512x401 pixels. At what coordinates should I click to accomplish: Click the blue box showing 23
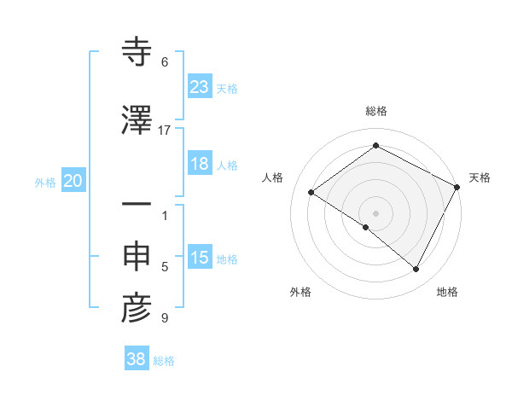coord(200,87)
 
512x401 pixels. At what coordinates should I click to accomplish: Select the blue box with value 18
coord(200,164)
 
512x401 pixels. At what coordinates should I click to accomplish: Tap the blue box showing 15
coord(200,259)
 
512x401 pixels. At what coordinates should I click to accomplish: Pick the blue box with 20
coord(73,181)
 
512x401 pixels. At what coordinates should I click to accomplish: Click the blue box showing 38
coord(137,359)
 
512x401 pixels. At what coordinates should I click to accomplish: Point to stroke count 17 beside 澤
coord(165,130)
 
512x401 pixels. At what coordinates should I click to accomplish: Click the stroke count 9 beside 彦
coord(165,319)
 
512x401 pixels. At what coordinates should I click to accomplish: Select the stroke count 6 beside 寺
coord(165,62)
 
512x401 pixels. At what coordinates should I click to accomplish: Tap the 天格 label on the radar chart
coord(480,177)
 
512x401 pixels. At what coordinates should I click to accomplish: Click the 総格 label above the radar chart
coord(376,111)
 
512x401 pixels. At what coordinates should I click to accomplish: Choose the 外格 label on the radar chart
coord(300,293)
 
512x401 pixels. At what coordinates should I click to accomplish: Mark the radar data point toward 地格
coord(416,270)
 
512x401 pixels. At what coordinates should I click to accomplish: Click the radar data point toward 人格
coord(311,193)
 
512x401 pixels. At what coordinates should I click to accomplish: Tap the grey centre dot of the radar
coord(375,212)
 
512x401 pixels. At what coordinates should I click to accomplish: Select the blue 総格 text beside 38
coord(164,361)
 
